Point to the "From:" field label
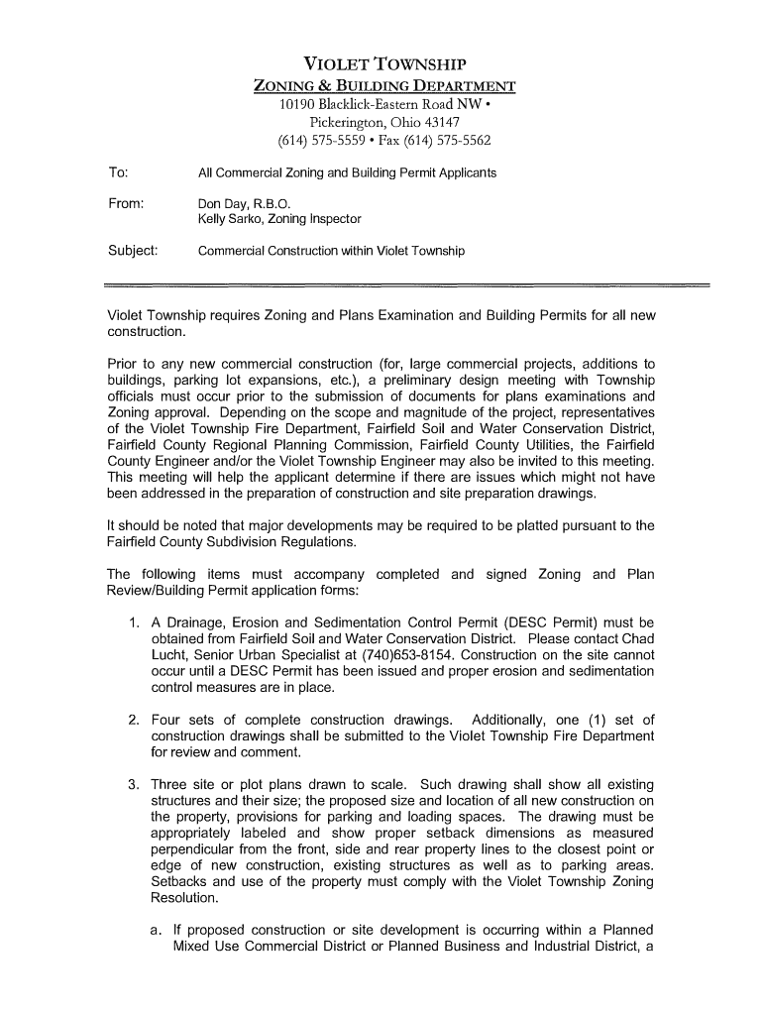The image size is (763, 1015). click(x=126, y=202)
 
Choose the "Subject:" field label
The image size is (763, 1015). click(x=133, y=250)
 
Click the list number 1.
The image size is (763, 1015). click(x=132, y=622)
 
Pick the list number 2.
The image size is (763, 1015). click(x=132, y=720)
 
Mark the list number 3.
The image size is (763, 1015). click(x=132, y=785)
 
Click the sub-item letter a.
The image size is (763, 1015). click(x=156, y=930)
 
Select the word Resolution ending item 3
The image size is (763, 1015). click(x=184, y=897)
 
